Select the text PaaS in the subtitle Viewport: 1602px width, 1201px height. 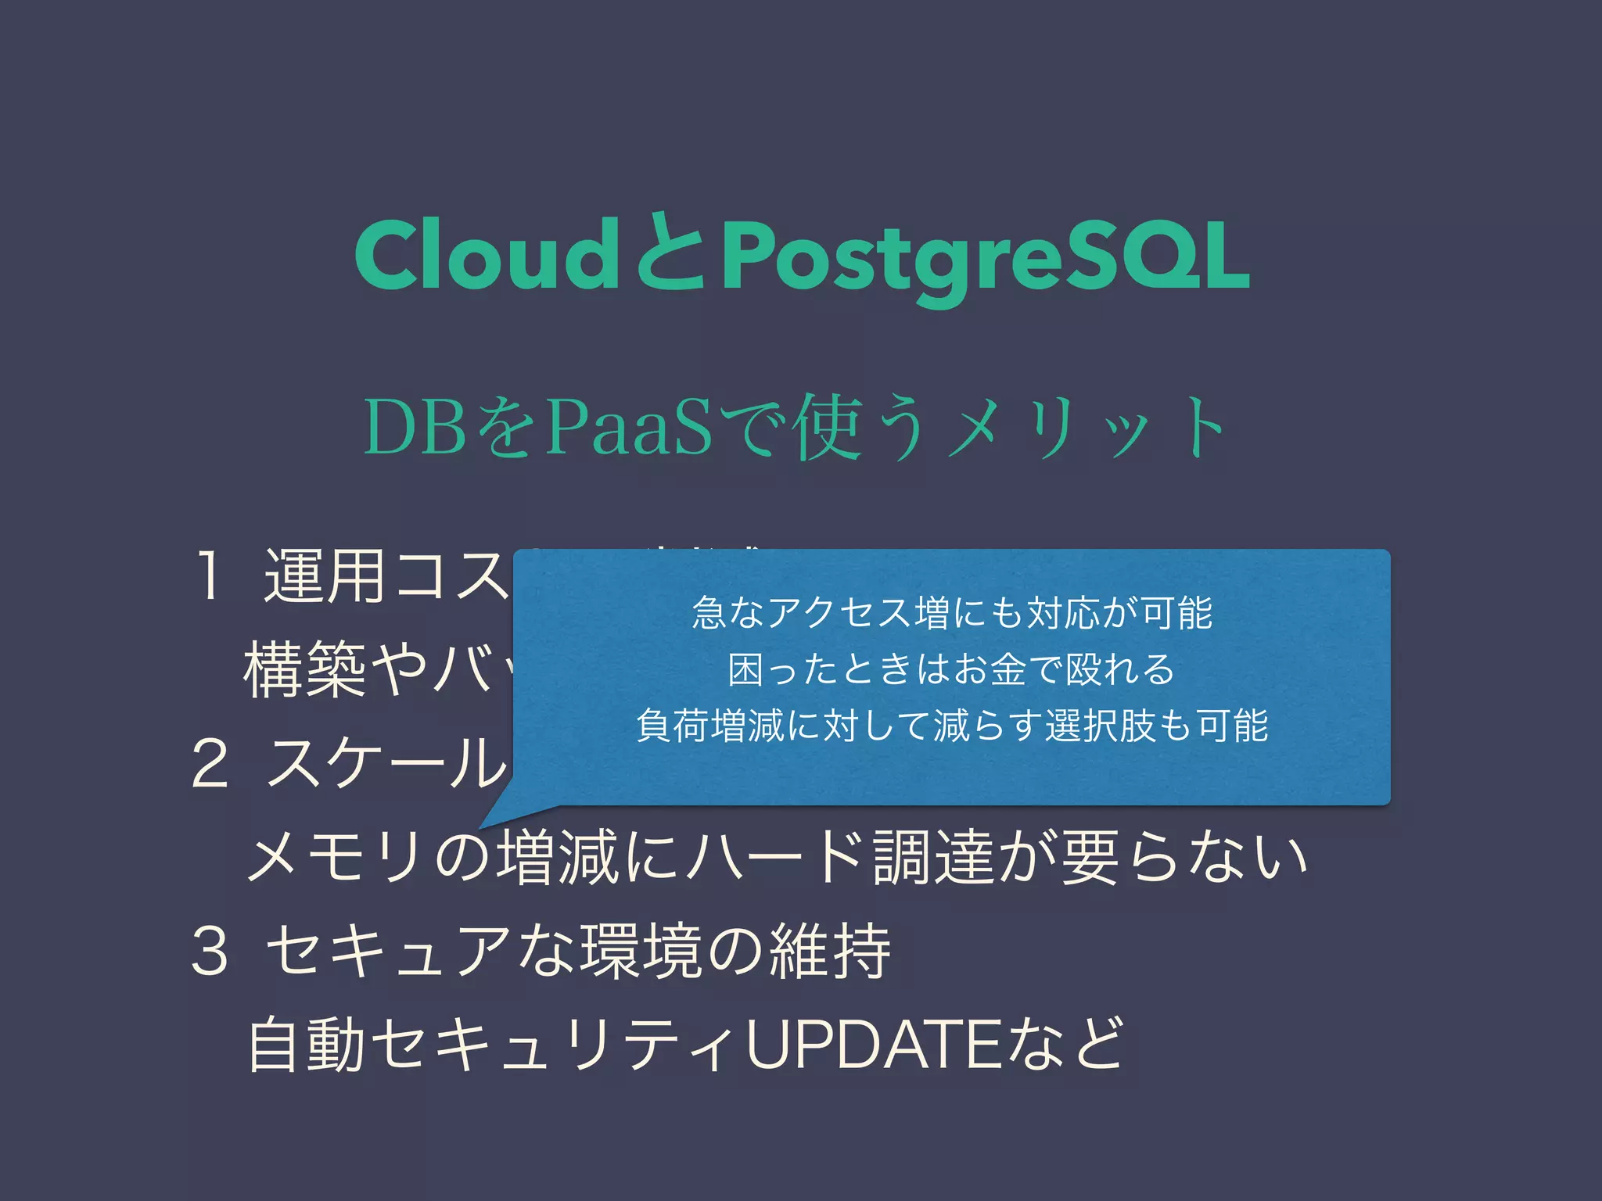click(x=628, y=429)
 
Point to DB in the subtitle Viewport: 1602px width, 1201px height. click(x=415, y=429)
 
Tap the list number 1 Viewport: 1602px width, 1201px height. click(x=208, y=577)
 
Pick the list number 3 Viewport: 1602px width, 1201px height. click(x=210, y=951)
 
